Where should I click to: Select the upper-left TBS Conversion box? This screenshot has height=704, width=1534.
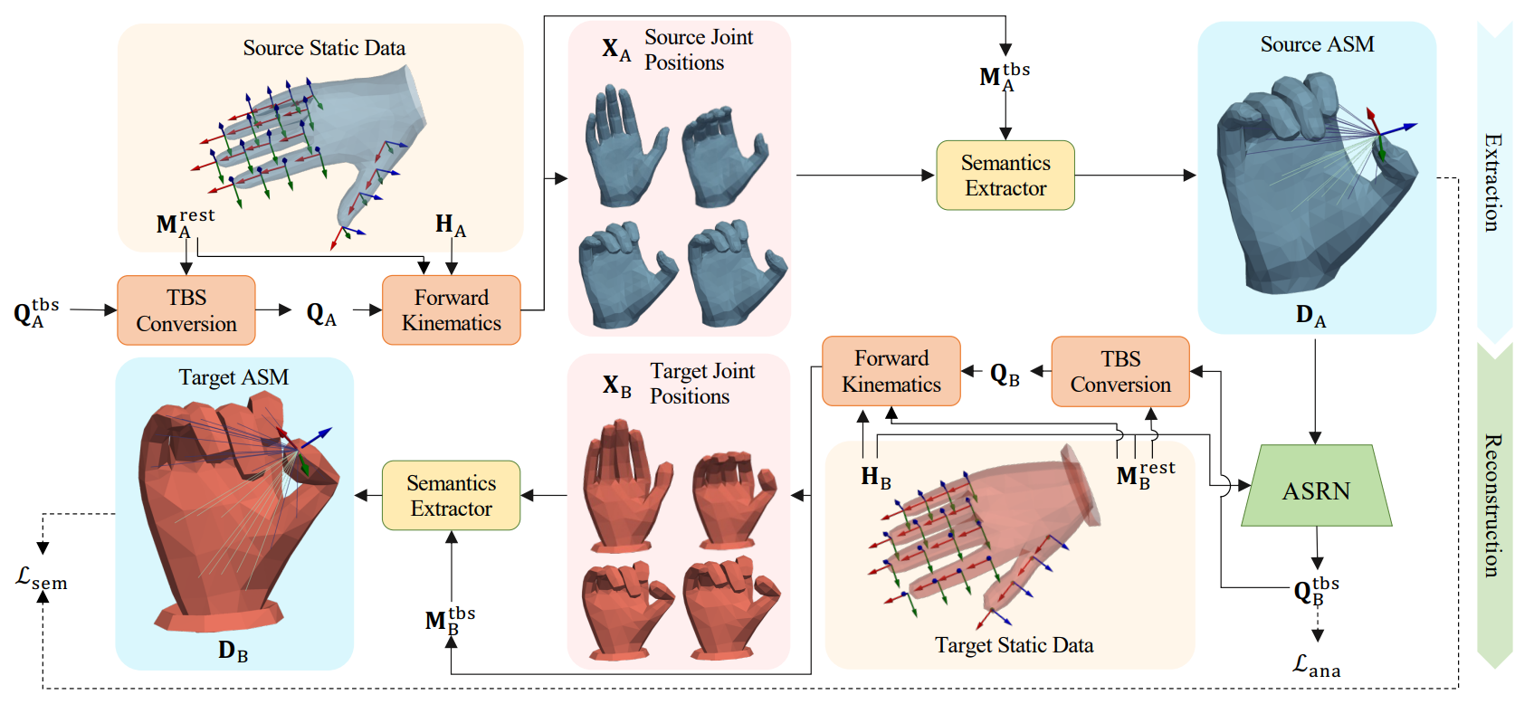point(186,310)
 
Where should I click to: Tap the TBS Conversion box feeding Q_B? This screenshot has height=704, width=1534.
point(1120,372)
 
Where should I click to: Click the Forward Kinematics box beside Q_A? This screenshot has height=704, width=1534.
point(451,310)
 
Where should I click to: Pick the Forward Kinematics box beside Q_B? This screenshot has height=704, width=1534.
point(891,371)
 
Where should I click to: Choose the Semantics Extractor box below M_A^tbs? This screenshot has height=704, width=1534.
point(1005,176)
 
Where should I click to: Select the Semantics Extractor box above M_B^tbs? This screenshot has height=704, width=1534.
point(451,496)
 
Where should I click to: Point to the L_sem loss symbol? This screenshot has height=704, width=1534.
point(42,578)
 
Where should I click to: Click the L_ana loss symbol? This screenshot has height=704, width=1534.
point(1316,667)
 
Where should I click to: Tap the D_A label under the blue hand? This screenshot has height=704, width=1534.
point(1310,316)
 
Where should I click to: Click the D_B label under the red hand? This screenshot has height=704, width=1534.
point(233,651)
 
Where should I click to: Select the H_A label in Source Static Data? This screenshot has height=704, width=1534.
point(450,224)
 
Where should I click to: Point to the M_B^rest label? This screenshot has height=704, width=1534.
point(1145,474)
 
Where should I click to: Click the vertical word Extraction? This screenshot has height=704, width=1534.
point(1492,182)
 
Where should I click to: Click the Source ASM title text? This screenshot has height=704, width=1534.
point(1317,44)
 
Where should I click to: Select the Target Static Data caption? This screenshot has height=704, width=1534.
point(1014,645)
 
